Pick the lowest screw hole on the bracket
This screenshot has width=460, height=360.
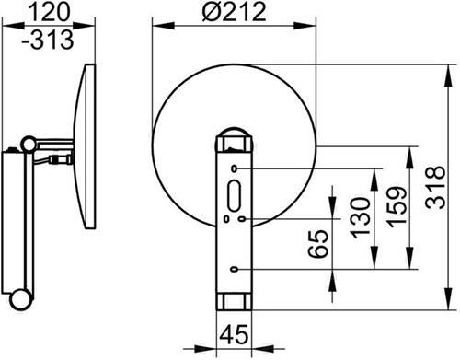pyautogui.click(x=237, y=268)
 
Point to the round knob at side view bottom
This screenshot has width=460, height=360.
pyautogui.click(x=19, y=299)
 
